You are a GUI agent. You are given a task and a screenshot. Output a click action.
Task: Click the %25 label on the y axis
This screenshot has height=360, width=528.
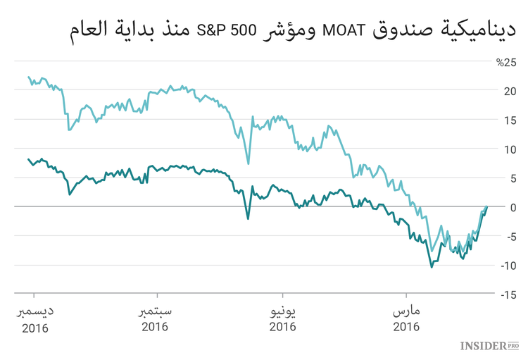click(506, 62)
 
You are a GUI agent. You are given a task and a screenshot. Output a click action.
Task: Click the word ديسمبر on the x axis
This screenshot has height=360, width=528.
click(35, 311)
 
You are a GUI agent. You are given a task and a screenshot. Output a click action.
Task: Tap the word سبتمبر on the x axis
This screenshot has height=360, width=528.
click(155, 311)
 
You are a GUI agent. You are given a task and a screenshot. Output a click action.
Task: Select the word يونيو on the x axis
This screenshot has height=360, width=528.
click(282, 311)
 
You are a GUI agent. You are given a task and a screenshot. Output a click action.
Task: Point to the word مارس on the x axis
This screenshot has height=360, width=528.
click(406, 311)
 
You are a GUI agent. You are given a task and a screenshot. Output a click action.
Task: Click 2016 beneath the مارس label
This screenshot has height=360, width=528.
click(406, 327)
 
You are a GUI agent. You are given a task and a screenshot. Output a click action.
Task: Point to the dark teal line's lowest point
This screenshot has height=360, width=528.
click(432, 267)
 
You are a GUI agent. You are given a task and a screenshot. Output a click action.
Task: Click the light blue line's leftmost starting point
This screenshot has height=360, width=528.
click(28, 77)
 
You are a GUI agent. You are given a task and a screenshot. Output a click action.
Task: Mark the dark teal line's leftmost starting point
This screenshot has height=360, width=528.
click(28, 159)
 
